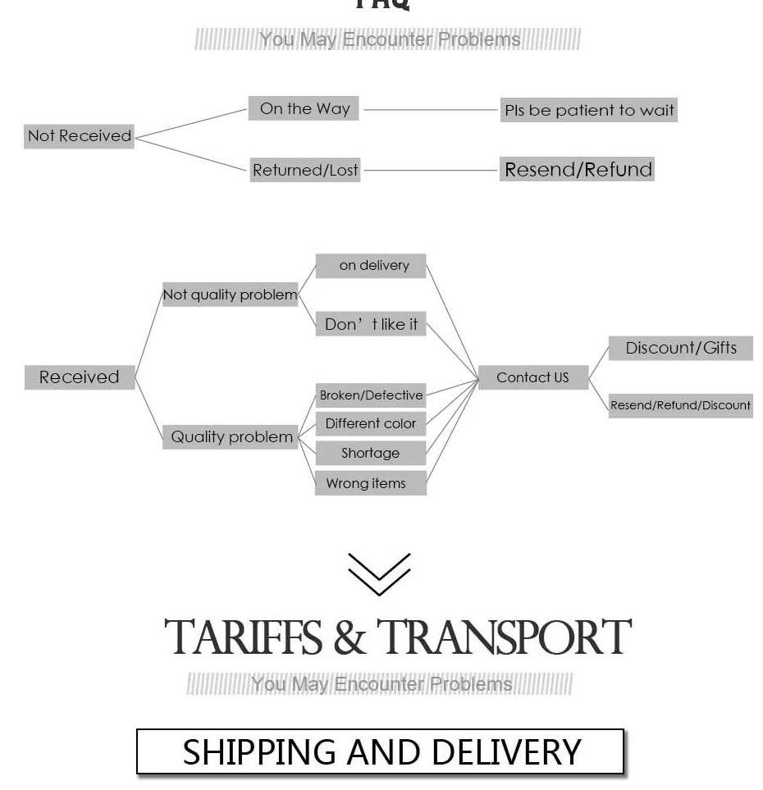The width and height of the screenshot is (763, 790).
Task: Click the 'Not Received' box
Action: pos(79,136)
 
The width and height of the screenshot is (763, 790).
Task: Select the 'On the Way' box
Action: pos(304,108)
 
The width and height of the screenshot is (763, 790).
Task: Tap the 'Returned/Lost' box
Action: pos(305,170)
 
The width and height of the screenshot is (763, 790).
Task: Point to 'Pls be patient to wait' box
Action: pos(589,110)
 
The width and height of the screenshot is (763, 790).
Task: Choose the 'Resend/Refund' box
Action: pos(578,170)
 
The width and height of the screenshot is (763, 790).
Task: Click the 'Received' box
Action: pos(80,377)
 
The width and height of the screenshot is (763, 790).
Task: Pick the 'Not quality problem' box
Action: pos(231,295)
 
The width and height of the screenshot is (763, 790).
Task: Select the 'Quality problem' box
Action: pos(231,436)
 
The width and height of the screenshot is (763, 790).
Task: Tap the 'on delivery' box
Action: pos(372,266)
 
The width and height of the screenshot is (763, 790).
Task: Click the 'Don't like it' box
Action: pos(371,324)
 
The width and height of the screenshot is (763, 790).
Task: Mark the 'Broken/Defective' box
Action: pos(371,395)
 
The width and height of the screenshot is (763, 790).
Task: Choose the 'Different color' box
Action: pos(371,423)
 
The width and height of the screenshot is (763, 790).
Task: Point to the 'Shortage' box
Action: pos(371,453)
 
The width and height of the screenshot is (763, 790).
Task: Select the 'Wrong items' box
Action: pos(371,483)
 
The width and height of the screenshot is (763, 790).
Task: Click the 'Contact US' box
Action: pos(533,377)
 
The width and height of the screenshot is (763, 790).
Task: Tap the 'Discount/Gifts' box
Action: pos(681,348)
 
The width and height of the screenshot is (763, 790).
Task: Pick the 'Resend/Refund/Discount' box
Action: pos(680,405)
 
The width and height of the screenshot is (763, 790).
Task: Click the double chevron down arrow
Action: pos(379,573)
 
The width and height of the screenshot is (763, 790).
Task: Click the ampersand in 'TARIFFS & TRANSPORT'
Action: pos(350,638)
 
